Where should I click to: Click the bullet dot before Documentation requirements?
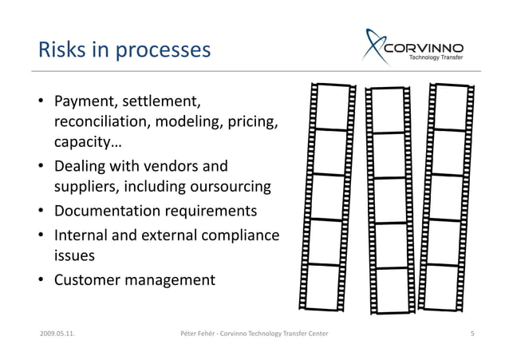click(x=40, y=212)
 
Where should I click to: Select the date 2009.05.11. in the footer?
click(x=57, y=332)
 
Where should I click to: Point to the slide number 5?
click(x=473, y=332)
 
